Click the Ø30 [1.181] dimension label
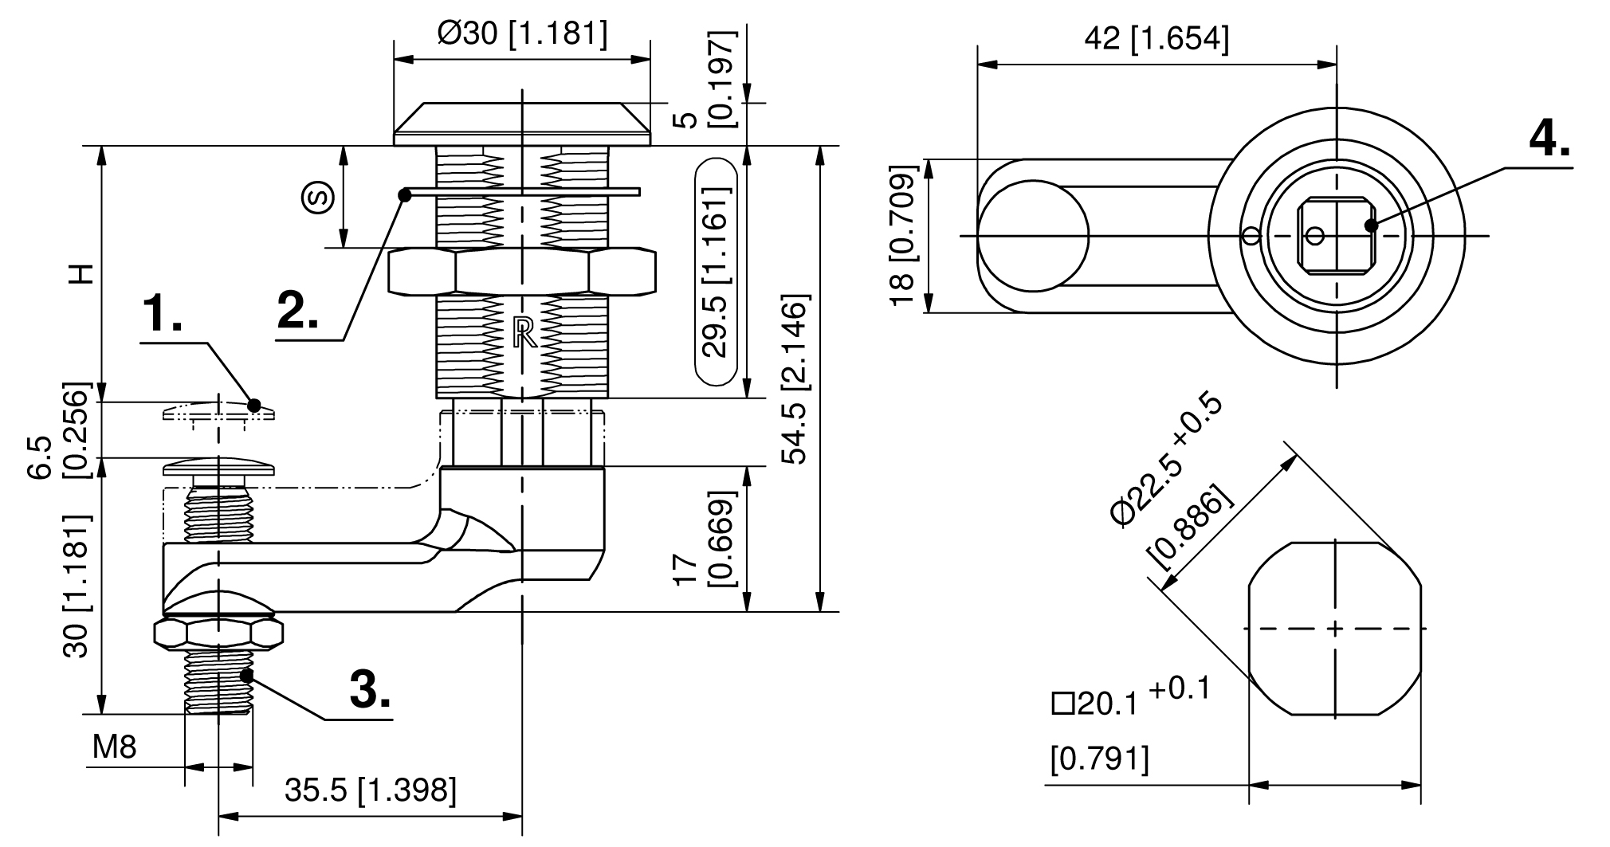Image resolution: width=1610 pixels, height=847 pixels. coord(522,33)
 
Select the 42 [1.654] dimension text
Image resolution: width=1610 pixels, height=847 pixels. coord(1156,37)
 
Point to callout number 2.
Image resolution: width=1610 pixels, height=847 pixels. coord(298,310)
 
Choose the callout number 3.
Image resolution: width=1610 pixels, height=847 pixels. coord(370,689)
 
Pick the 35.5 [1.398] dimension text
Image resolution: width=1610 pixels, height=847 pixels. coord(370,790)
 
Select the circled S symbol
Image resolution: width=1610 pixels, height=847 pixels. coord(318,198)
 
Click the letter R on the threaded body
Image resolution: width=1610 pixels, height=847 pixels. coord(524,333)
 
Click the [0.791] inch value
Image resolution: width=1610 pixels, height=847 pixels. coord(1100,759)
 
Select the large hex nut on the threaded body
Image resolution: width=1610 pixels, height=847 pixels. coord(522,271)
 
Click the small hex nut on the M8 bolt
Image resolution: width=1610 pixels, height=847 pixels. coord(218,633)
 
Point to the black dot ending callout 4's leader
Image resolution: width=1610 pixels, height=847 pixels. coord(1371,225)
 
